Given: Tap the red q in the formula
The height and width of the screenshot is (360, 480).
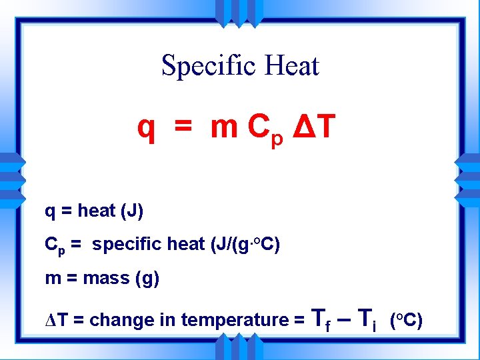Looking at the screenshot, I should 146,128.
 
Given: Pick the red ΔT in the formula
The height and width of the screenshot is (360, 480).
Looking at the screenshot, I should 311,127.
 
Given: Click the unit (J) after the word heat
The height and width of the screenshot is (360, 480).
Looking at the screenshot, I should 132,211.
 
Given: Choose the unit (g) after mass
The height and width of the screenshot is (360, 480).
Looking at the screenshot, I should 147,278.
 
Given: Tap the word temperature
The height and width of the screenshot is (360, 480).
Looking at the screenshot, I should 217,321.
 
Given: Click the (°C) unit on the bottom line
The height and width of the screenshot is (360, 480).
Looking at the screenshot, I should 405,320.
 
